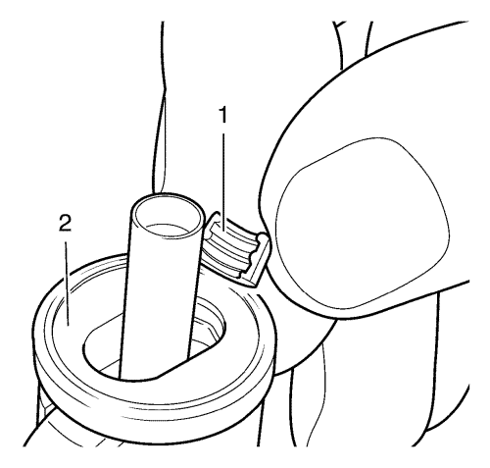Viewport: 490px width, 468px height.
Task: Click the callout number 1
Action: point(223,115)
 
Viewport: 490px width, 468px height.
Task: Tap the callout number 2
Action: point(65,223)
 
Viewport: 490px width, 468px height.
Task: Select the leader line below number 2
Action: point(67,284)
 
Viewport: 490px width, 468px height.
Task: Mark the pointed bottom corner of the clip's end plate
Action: point(256,287)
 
